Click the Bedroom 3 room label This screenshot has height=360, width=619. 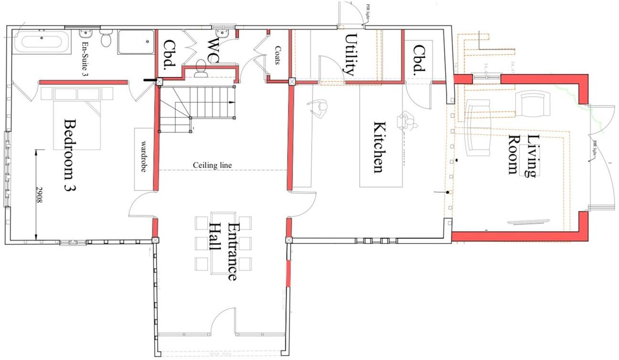coord(71,155)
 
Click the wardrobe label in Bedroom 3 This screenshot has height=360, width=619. coord(143,158)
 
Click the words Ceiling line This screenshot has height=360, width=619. coord(213,165)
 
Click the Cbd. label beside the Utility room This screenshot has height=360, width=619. coord(418,61)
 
